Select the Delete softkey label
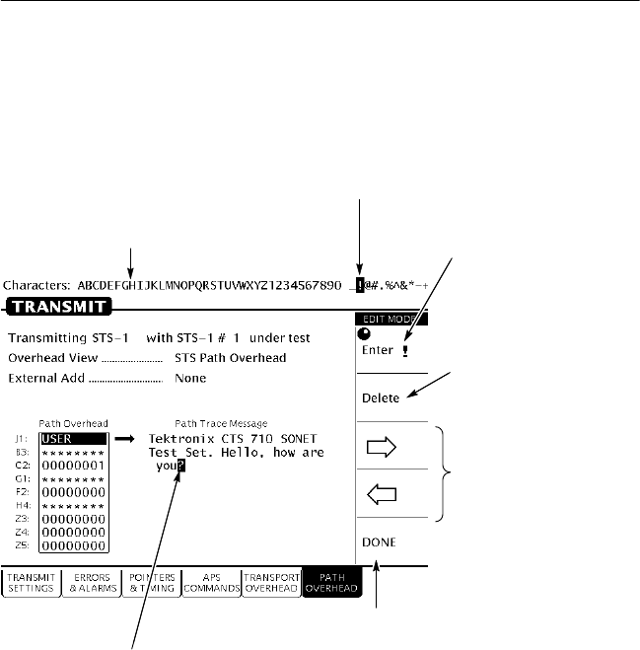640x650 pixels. (x=380, y=398)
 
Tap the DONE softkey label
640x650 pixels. (x=378, y=542)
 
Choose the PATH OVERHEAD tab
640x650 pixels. (x=333, y=582)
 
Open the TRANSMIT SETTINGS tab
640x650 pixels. (x=30, y=582)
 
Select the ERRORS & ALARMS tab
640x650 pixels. (x=90, y=582)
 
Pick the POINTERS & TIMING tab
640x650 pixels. (x=151, y=582)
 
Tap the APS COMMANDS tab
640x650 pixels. (x=211, y=582)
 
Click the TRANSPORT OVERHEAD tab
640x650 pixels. (x=271, y=582)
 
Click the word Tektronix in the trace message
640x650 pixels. (x=178, y=438)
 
